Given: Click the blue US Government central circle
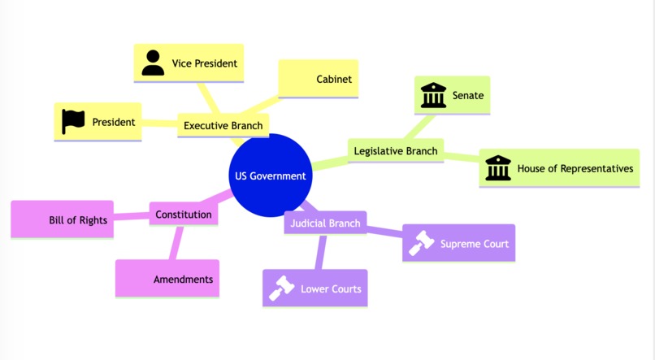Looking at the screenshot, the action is point(271,176).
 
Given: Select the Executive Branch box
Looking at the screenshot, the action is point(223,125).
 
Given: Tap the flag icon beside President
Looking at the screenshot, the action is point(73,122).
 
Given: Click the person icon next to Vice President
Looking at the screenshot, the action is point(153,63).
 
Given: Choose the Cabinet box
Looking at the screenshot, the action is point(319,79).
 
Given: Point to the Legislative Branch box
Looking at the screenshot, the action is point(396,151).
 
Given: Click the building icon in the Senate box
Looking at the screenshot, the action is point(433,95).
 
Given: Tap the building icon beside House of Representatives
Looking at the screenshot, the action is point(498,168).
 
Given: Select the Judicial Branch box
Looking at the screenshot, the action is point(325,223).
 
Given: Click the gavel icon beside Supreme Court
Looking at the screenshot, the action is point(421,243).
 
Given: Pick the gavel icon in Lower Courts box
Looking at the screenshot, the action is point(281,288).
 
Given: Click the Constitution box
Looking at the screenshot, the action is point(184,215).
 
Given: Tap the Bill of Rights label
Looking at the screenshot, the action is point(78,220).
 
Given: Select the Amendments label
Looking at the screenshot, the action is point(184,279).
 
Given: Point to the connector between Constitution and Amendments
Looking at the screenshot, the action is point(176,243).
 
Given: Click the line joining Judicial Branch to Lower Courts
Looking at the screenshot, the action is point(320,252).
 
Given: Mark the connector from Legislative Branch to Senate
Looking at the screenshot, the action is point(419,127).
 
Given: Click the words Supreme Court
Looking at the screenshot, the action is point(475,244).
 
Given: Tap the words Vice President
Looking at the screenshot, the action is point(205,63).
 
